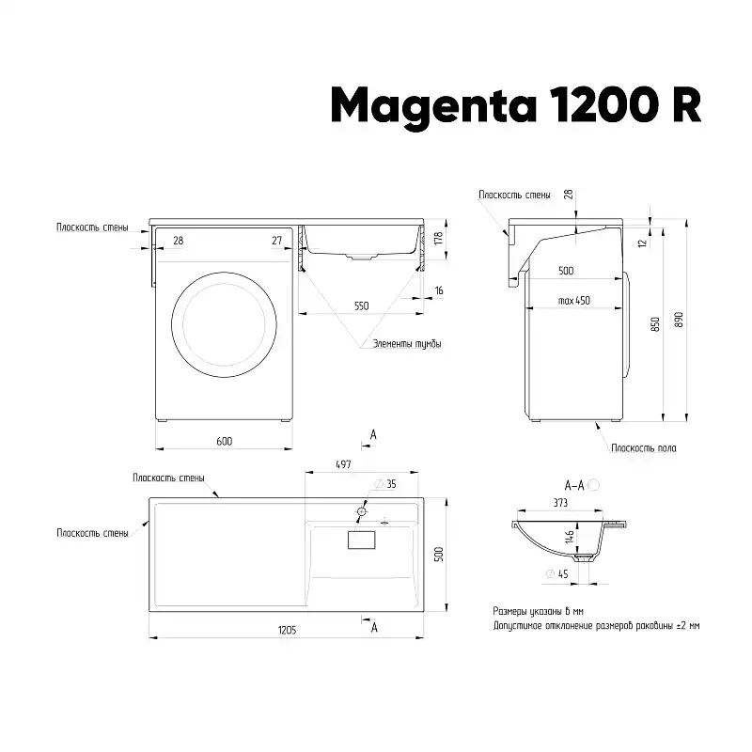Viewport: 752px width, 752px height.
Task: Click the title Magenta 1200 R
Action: [516, 106]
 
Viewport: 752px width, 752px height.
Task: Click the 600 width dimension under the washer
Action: [225, 441]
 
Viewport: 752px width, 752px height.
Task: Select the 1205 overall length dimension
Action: [288, 630]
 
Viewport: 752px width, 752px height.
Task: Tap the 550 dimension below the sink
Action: [362, 306]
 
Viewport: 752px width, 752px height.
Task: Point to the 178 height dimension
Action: [439, 239]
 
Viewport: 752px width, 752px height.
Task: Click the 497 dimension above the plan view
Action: [343, 464]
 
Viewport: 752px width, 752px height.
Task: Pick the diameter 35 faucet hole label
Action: [385, 484]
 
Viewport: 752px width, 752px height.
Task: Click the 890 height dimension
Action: [679, 320]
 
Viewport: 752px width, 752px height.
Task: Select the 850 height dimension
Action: [655, 324]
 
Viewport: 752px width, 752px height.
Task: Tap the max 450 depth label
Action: [574, 301]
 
